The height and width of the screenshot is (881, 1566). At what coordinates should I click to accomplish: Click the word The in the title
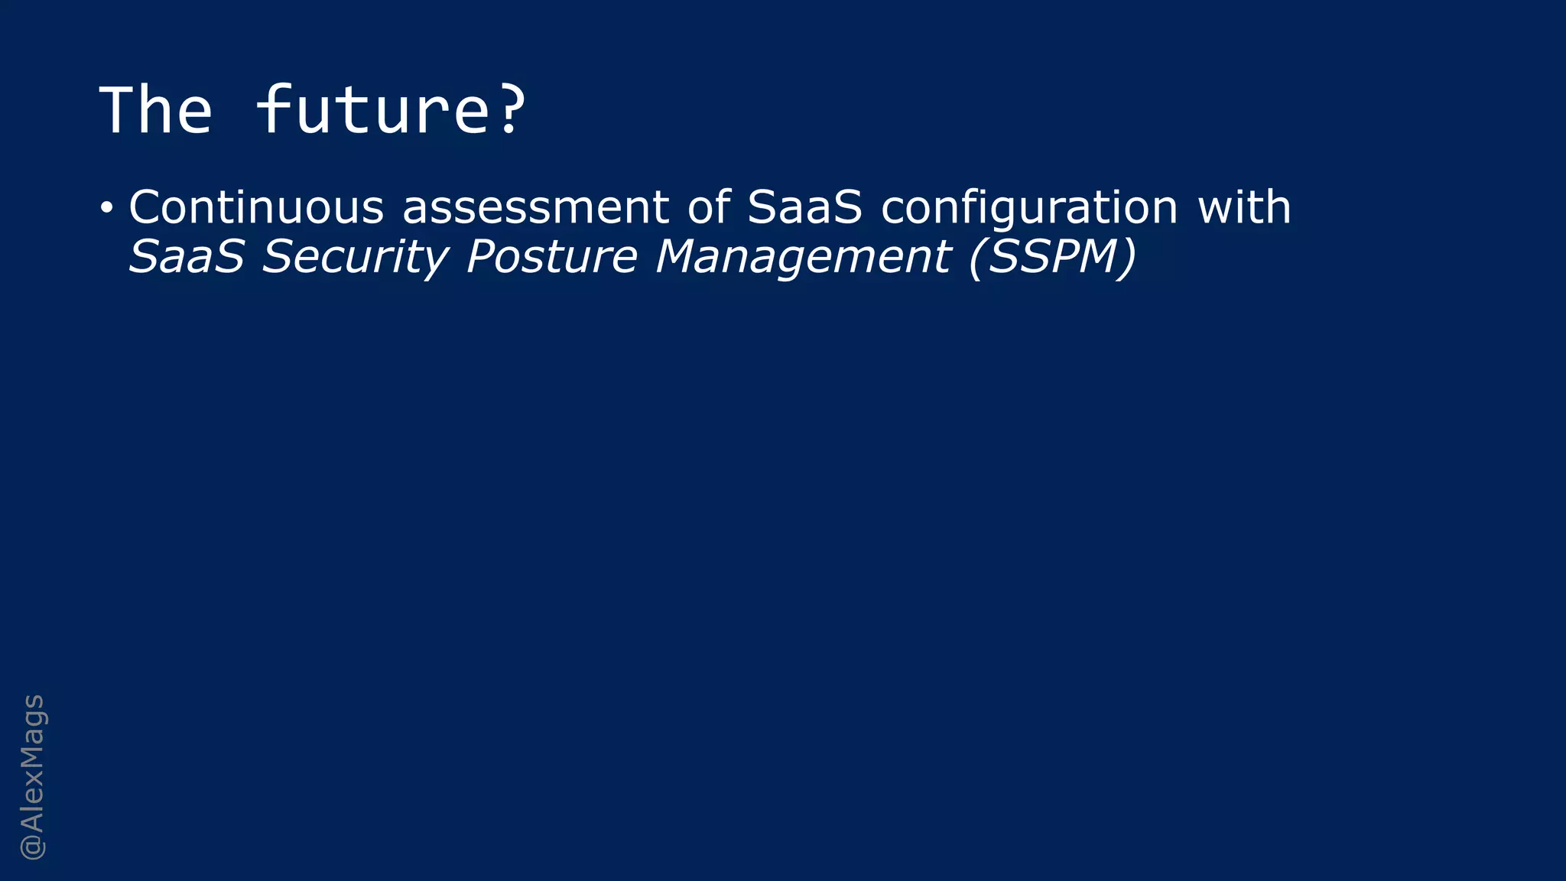coord(156,111)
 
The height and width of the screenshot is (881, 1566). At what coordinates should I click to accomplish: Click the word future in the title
coord(372,111)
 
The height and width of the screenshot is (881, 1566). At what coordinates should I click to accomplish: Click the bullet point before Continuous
coord(107,208)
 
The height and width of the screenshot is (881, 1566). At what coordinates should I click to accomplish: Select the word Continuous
coord(256,207)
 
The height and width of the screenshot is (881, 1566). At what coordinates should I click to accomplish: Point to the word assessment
coord(535,207)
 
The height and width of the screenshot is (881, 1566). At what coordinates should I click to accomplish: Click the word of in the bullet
coord(708,207)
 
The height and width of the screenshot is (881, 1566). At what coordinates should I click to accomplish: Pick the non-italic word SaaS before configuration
coord(804,207)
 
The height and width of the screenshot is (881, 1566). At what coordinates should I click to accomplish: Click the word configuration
coord(1029,209)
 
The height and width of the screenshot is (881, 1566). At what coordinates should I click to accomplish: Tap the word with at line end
coord(1244,207)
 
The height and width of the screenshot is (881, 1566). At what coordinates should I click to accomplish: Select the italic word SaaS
coord(186,256)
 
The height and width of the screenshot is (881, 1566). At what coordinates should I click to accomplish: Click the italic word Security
coord(355,258)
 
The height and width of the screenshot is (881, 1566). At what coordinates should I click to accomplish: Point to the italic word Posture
coord(551,256)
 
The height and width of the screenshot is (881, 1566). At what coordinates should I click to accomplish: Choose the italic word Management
coord(803,258)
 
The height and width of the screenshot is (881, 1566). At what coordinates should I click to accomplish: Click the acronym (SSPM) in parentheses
coord(1052,256)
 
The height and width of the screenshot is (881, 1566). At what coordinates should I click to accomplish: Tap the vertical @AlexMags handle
coord(33,776)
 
